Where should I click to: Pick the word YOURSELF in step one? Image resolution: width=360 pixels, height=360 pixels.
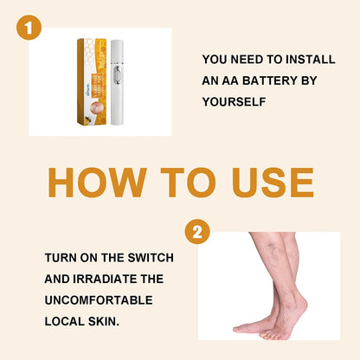[234, 100]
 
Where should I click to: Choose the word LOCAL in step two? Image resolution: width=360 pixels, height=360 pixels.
[66, 319]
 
